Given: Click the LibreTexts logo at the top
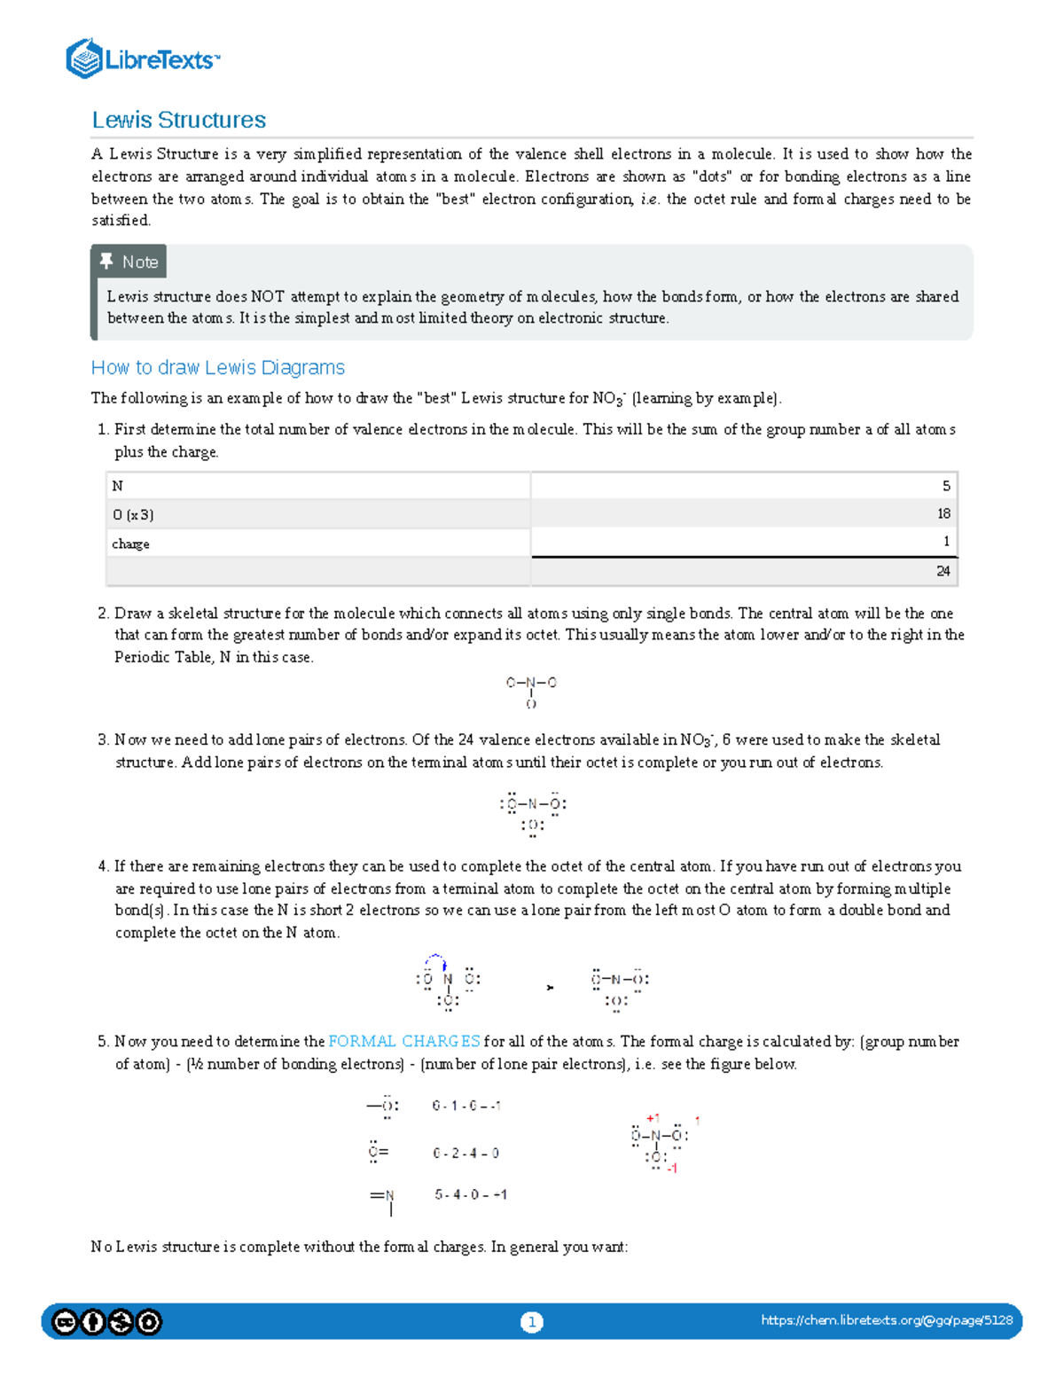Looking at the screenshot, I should click(x=142, y=59).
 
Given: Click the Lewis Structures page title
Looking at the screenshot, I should click(x=178, y=120).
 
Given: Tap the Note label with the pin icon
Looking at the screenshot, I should click(x=129, y=262).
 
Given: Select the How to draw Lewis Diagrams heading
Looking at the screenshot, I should click(x=217, y=367).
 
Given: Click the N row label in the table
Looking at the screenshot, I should click(x=118, y=486).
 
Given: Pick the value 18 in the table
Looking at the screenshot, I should click(x=943, y=513).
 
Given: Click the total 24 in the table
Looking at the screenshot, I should click(x=943, y=571).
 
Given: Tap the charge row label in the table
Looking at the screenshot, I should click(x=130, y=544).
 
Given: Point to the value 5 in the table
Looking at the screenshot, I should click(x=946, y=486).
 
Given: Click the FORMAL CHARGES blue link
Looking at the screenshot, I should click(x=404, y=1041).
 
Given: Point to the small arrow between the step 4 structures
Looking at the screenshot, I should click(x=550, y=987).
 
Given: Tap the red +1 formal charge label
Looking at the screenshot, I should click(x=653, y=1118).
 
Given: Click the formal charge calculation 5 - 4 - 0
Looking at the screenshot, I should click(x=470, y=1194).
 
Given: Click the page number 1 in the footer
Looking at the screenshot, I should click(x=531, y=1322).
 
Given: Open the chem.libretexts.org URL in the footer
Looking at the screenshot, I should click(x=886, y=1320).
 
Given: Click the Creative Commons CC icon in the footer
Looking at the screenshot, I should click(x=65, y=1322).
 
